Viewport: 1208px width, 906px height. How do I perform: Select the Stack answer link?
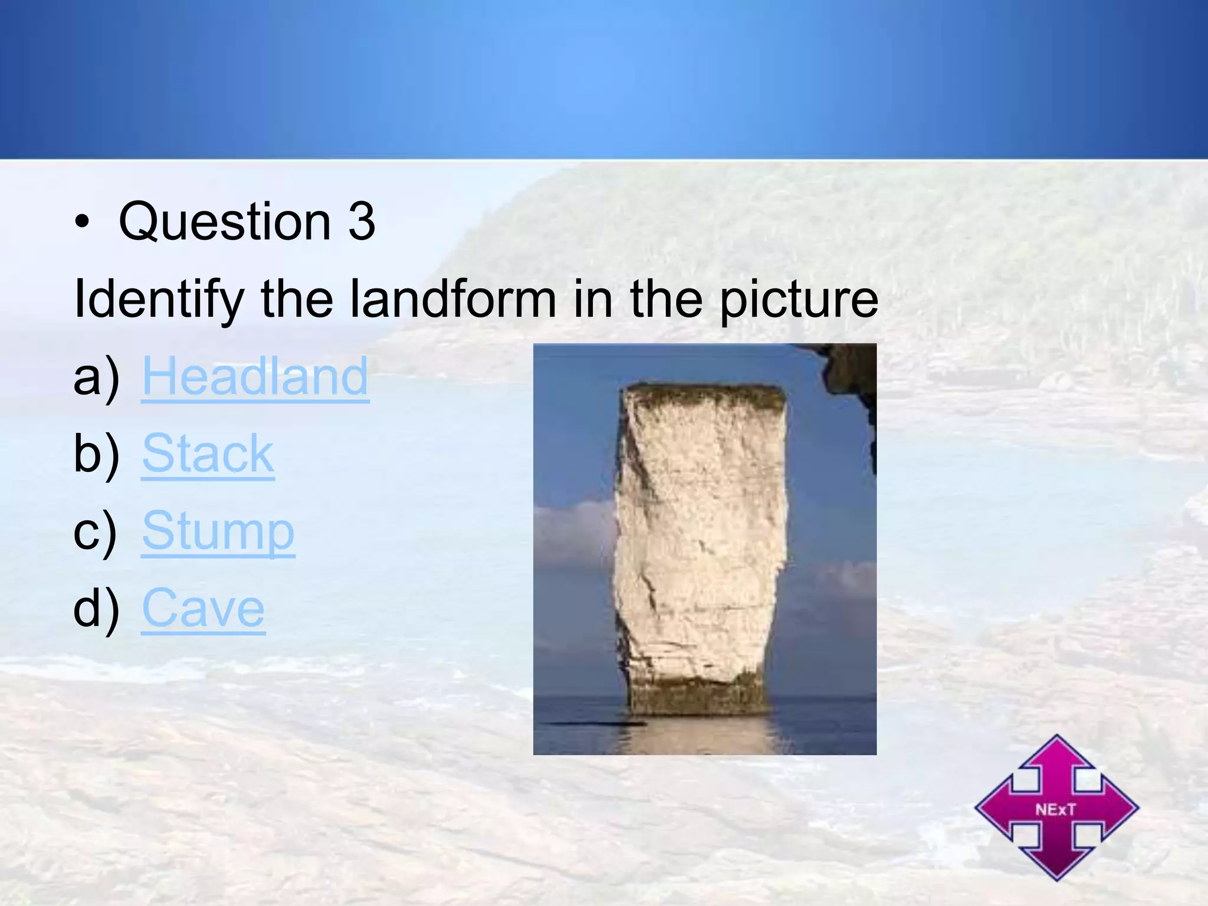tap(208, 454)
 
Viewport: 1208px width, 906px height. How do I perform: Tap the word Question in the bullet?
tap(225, 222)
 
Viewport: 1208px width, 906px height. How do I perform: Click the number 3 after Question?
tap(362, 222)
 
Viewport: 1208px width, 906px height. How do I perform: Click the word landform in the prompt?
tap(453, 300)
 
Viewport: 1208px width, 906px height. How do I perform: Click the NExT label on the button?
tap(1056, 809)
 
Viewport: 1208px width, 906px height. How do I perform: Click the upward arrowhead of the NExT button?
tap(1056, 752)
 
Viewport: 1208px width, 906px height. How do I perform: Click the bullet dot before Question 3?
tap(83, 223)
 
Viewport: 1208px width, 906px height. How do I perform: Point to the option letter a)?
tap(96, 377)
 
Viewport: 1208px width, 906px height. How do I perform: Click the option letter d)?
tap(96, 609)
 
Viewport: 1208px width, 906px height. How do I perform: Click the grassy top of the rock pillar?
tap(705, 395)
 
